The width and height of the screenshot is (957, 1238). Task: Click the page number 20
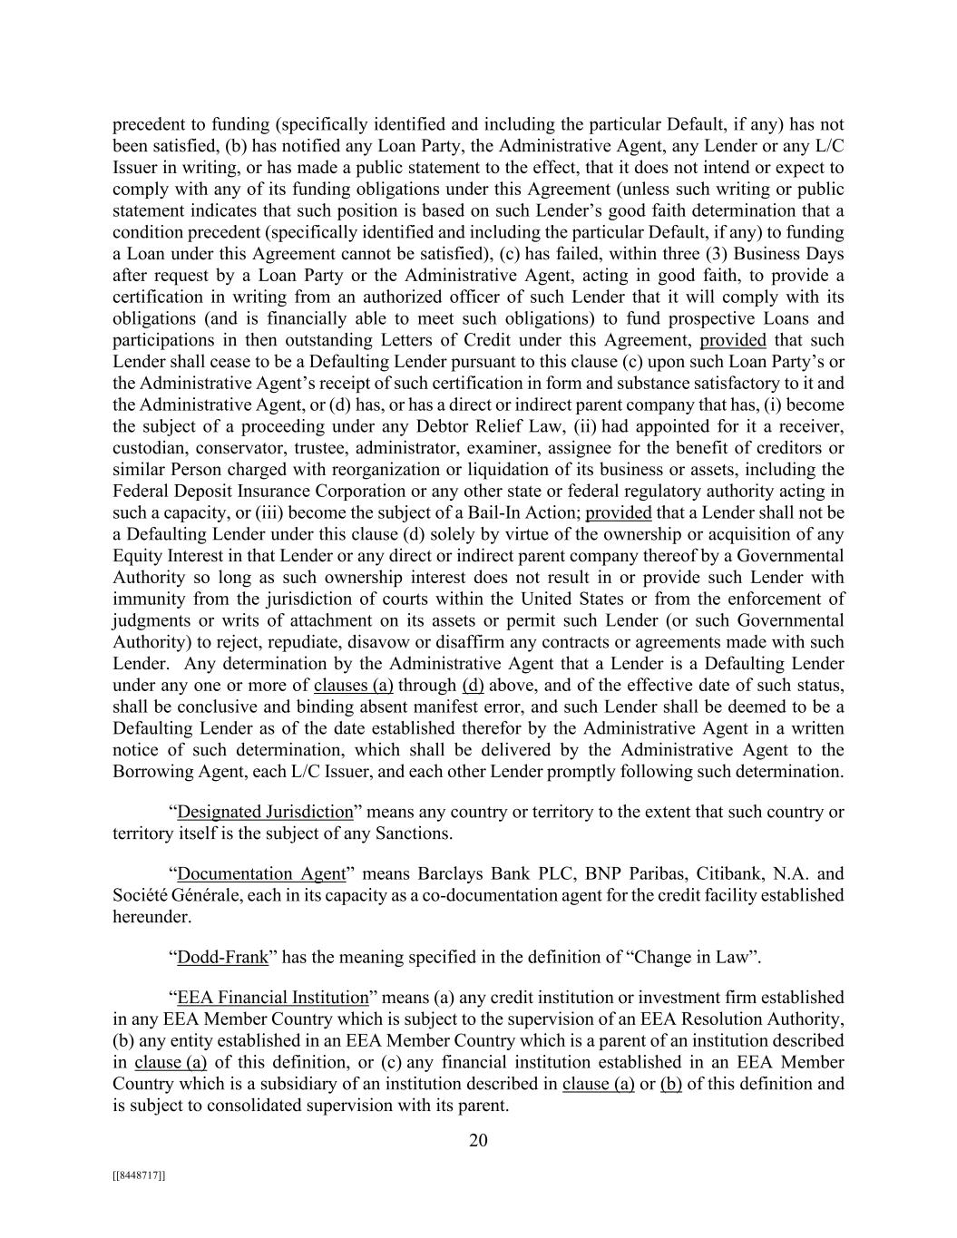tap(478, 1140)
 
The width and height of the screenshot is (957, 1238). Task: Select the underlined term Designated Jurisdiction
tap(265, 812)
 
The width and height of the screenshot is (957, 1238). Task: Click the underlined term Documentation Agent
tap(261, 874)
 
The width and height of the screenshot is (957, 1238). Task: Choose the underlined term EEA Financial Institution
tap(273, 998)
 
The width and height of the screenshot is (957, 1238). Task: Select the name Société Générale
tap(170, 896)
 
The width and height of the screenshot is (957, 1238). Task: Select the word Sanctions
tap(415, 833)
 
